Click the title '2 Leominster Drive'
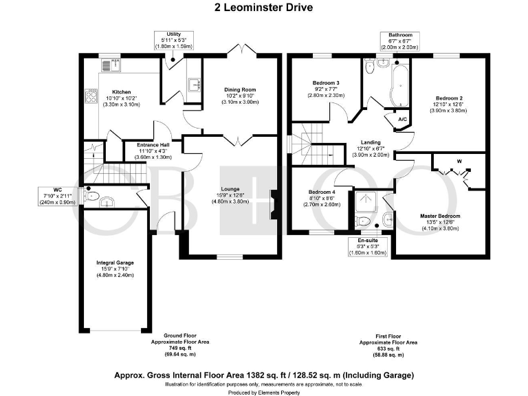263,8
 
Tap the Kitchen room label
122,91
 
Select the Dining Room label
240,89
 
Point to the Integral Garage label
115,263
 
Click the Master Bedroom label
439,217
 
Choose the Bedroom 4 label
322,192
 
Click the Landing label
371,142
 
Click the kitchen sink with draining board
110,65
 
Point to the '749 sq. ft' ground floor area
180,348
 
